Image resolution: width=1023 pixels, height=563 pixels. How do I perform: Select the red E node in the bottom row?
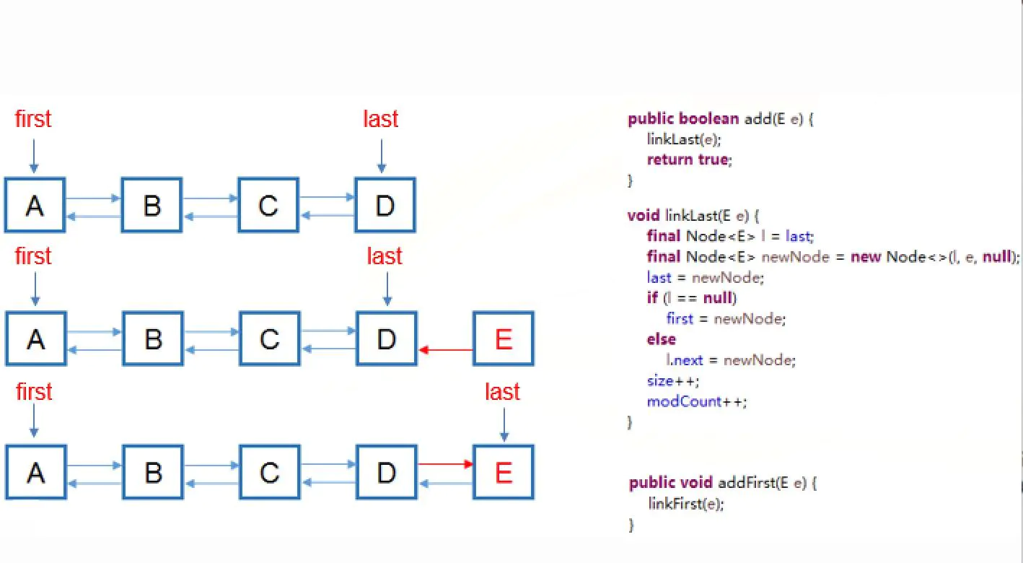[504, 473]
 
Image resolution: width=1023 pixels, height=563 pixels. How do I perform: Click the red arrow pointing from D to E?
[446, 464]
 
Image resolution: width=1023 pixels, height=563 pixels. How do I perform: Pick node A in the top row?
[35, 206]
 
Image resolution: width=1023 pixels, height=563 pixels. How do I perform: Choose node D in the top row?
[385, 206]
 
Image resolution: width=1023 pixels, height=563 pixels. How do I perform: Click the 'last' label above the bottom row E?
[502, 392]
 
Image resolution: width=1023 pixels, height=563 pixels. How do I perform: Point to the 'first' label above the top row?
[33, 119]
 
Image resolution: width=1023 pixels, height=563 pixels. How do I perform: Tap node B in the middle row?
[153, 339]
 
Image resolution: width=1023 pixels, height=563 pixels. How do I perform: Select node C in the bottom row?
[270, 473]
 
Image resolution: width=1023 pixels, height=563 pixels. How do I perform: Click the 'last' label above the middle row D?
[385, 256]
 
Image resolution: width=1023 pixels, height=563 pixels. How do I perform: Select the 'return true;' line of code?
[689, 160]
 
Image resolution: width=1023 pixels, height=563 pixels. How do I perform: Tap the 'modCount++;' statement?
[697, 401]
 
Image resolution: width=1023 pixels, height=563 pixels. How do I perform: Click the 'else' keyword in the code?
[662, 339]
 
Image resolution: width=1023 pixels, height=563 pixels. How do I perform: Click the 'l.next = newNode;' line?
[730, 359]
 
